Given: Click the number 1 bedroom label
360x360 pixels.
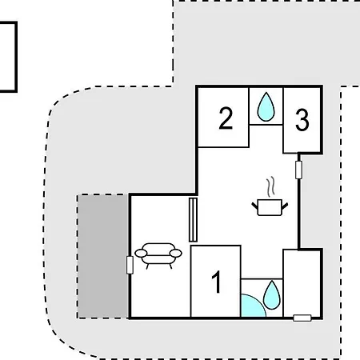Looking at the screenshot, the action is [217, 282].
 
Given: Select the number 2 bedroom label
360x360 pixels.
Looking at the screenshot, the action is [226, 118].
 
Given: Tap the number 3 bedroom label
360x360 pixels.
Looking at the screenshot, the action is [302, 120].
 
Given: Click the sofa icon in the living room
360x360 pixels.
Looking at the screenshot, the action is [158, 255].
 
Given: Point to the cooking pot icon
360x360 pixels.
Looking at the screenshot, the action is [270, 207].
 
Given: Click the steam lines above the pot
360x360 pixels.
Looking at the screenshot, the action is [270, 186].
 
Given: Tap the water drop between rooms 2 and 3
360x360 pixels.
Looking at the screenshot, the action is [266, 106].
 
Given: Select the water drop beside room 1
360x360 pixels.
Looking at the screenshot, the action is [272, 295].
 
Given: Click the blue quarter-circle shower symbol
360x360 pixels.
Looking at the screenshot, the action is [252, 306].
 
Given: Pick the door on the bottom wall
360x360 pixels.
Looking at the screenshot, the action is [302, 318].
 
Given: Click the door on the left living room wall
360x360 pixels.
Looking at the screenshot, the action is [130, 265].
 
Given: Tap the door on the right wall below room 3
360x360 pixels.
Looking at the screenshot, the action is [299, 170].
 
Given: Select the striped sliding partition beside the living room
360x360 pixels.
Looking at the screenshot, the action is [193, 220].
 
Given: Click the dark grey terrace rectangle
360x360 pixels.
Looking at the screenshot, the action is [103, 256].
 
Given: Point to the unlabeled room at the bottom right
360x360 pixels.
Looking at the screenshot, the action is [302, 283].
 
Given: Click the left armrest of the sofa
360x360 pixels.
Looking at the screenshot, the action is [141, 253].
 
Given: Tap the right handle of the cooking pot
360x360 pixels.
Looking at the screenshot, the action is [285, 206].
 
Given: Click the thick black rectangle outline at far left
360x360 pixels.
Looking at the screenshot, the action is [16, 57].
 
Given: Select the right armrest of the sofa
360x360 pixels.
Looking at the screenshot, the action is [176, 253].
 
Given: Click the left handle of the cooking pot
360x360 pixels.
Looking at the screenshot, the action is [254, 206].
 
